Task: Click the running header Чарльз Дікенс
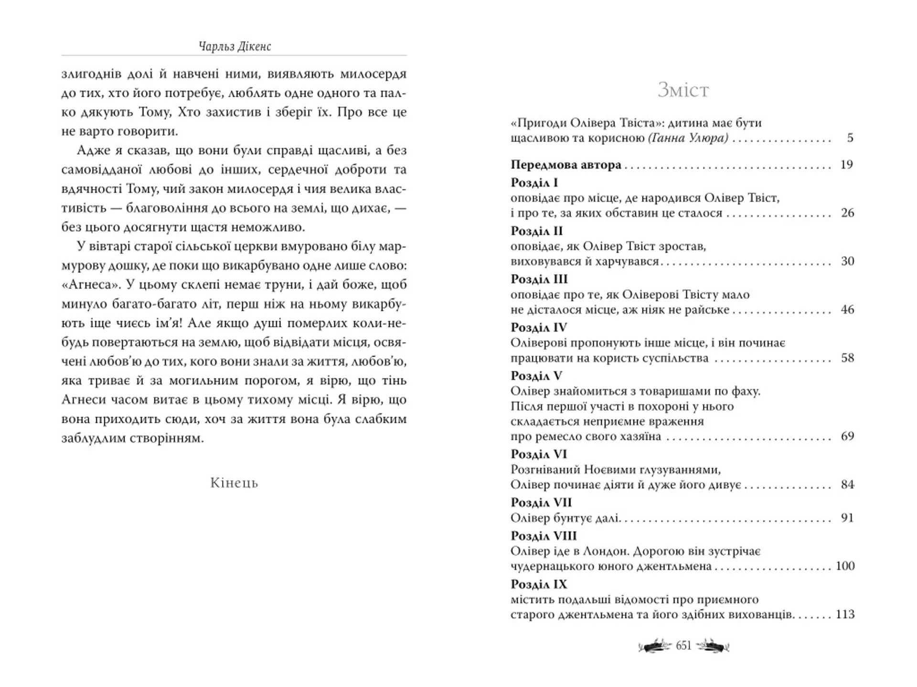click(x=235, y=46)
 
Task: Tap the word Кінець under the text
click(x=234, y=483)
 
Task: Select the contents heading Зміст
click(x=683, y=90)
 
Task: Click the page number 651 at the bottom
click(x=683, y=646)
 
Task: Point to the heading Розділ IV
click(x=538, y=328)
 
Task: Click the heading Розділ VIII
click(x=544, y=536)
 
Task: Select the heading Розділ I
click(x=534, y=183)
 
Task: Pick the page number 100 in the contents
click(x=845, y=566)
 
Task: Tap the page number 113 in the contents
click(x=845, y=614)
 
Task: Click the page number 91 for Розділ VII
click(x=847, y=518)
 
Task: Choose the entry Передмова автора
click(x=566, y=165)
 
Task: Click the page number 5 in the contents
click(x=850, y=138)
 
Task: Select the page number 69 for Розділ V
click(x=847, y=436)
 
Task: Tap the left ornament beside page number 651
click(x=655, y=646)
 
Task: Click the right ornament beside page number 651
click(x=712, y=646)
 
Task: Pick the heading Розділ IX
click(x=539, y=584)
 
